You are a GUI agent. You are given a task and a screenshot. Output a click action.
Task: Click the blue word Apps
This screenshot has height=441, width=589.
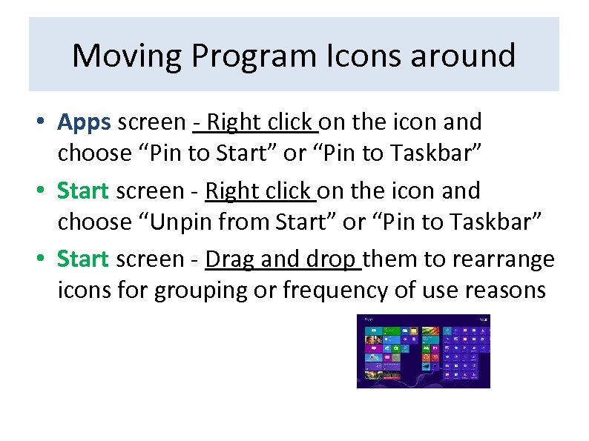(84, 122)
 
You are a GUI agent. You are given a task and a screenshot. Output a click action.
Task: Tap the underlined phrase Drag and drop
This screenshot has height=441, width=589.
(283, 259)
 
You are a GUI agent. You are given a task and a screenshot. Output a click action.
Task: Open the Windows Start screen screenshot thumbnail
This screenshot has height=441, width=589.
(423, 351)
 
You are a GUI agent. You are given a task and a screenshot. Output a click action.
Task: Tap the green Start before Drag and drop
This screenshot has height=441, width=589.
(83, 259)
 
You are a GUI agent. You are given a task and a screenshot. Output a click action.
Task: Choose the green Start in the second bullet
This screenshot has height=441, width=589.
(83, 190)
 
